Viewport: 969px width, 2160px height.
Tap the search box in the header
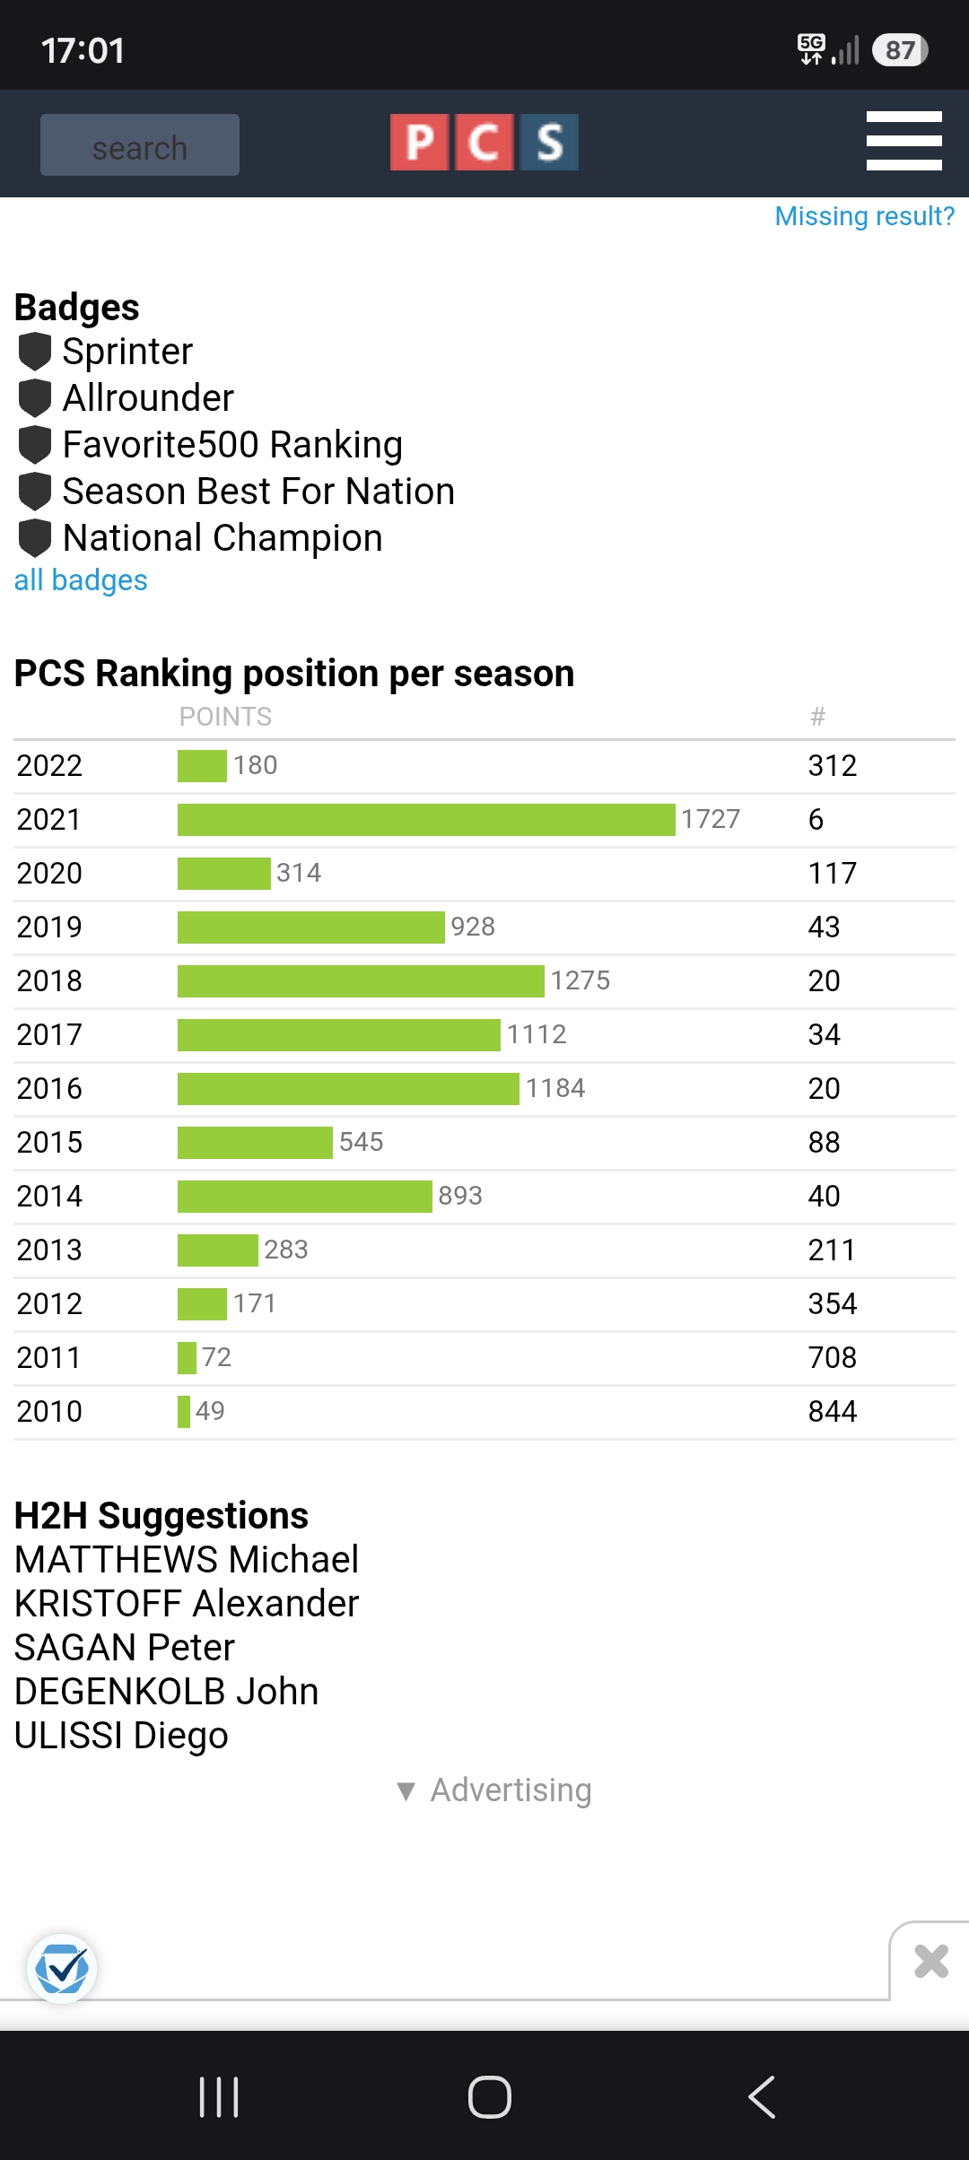[x=140, y=145]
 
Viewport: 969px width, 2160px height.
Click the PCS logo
[x=484, y=142]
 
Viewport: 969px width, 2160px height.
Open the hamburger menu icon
[x=904, y=141]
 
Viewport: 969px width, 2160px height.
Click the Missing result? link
[x=865, y=216]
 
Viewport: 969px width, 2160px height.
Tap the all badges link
[x=81, y=580]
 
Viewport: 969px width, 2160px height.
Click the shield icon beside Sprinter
[x=35, y=352]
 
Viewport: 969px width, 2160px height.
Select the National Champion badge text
[x=223, y=538]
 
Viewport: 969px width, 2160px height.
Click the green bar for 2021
[x=426, y=819]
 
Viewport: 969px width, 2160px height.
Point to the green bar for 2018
[x=361, y=980]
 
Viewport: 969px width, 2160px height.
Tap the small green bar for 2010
[x=184, y=1411]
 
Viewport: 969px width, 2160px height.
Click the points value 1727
[x=711, y=819]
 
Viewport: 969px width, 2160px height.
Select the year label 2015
[x=49, y=1142]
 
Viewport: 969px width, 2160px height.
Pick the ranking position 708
[x=833, y=1357]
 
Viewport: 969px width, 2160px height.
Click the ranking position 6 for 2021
[x=816, y=819]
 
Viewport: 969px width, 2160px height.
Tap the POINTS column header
[x=225, y=717]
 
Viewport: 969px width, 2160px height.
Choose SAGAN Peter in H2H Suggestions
[x=125, y=1647]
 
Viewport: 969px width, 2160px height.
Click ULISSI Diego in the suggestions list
[x=121, y=1735]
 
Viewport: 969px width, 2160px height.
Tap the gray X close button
[x=931, y=1961]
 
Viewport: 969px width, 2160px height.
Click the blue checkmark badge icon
[x=62, y=1969]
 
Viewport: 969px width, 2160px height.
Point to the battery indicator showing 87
[x=900, y=50]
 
